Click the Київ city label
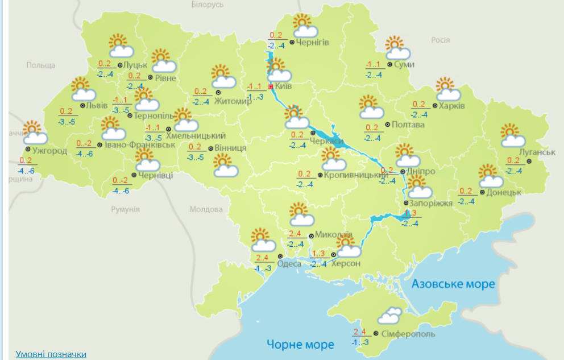(x=283, y=86)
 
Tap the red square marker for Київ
(x=271, y=86)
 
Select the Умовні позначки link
(x=51, y=354)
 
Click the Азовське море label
(x=453, y=283)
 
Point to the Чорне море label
(x=300, y=344)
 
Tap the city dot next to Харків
(x=435, y=105)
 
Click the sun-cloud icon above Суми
(x=397, y=48)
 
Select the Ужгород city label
(x=49, y=151)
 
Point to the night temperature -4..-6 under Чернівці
(x=121, y=190)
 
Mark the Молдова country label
(x=205, y=209)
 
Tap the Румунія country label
(x=125, y=209)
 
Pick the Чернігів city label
(x=313, y=42)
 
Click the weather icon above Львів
(x=82, y=89)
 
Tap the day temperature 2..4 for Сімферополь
(x=359, y=332)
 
